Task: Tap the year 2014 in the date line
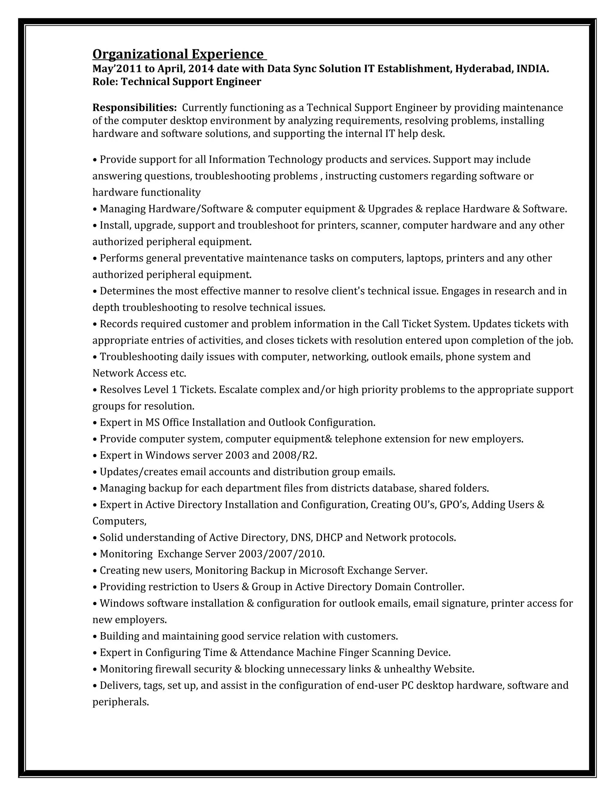[x=201, y=68]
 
